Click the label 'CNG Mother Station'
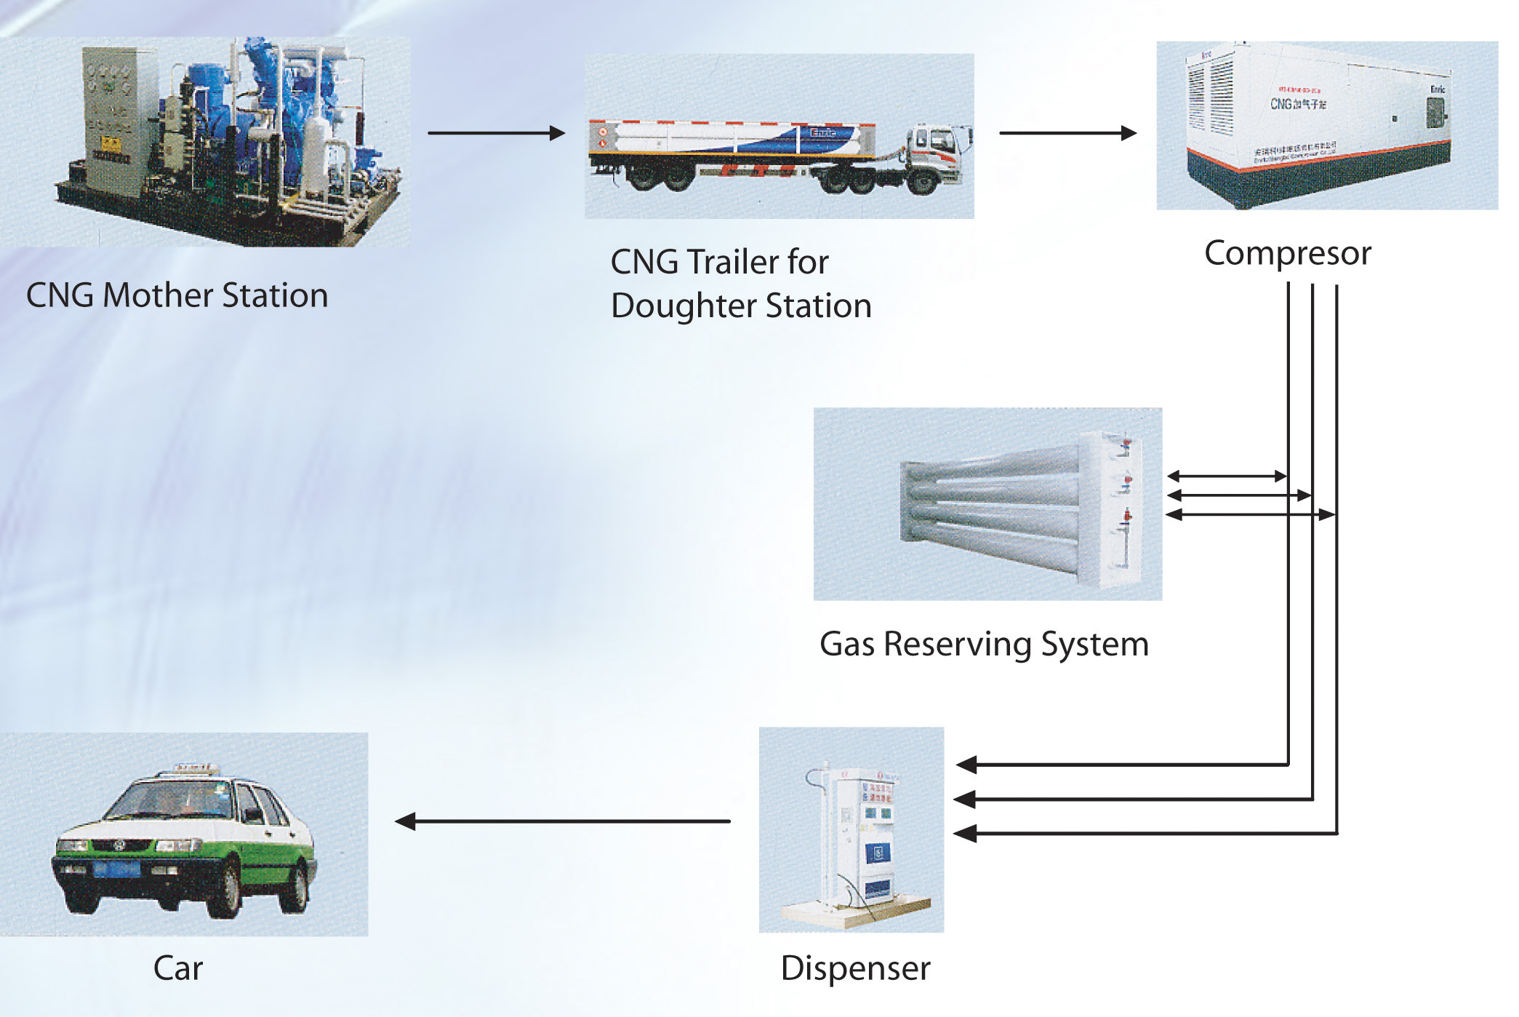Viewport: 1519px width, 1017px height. pos(177,295)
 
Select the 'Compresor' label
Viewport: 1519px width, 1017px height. pos(1287,253)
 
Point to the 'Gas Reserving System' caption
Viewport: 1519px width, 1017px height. pos(984,644)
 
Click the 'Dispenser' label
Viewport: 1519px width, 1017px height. pos(855,968)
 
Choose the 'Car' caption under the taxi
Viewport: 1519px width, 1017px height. pos(178,968)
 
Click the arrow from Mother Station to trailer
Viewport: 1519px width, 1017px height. pos(496,133)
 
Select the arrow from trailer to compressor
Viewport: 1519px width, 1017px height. pos(1067,133)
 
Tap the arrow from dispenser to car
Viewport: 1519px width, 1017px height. pos(562,821)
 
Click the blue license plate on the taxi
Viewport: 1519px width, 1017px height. pos(116,869)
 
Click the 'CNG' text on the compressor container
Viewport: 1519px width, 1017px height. pos(1280,104)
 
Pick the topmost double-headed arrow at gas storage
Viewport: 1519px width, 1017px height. pos(1227,476)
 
